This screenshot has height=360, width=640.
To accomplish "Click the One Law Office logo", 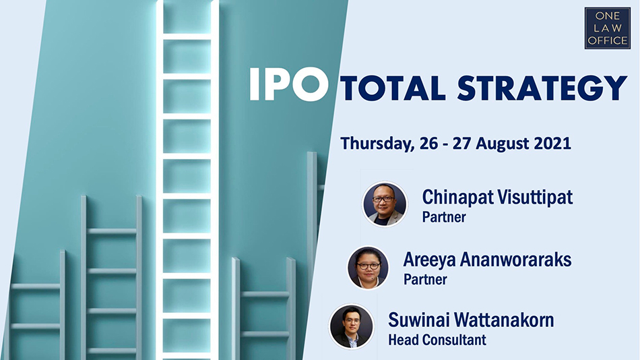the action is (608, 28).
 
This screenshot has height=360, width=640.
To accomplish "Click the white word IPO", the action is (289, 84).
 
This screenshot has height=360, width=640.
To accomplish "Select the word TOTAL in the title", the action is (392, 88).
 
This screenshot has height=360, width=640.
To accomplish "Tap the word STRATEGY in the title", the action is (542, 88).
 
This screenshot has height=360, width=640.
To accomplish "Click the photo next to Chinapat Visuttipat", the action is (385, 204).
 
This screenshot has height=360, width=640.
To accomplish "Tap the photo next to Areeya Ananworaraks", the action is (368, 268).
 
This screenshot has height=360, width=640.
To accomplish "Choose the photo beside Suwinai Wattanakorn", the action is (352, 326).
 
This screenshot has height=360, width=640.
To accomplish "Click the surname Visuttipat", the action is (535, 197).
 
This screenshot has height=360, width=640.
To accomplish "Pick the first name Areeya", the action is (429, 260).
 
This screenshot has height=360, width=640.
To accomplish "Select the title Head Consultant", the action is (437, 340).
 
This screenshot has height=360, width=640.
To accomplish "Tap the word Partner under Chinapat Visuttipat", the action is (444, 217).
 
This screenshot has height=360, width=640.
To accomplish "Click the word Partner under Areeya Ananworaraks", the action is (425, 280).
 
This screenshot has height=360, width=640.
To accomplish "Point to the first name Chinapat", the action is (457, 198).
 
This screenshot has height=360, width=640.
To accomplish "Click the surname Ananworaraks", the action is (516, 260).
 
